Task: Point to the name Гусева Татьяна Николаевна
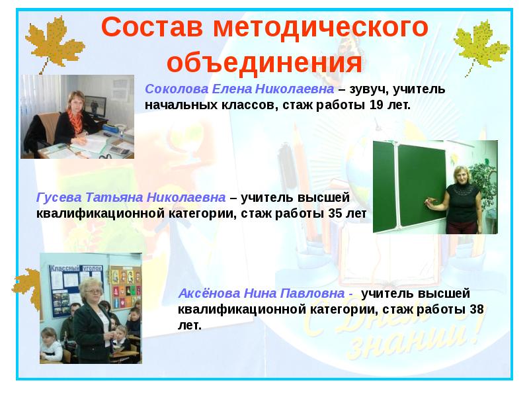130,198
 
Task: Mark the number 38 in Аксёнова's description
476,310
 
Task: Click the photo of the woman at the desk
77,116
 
